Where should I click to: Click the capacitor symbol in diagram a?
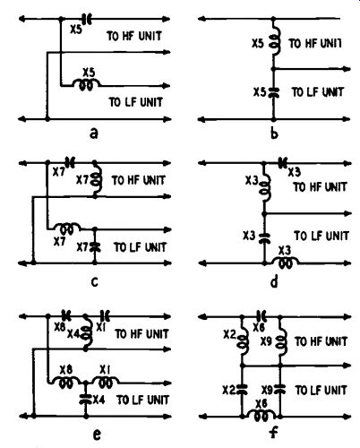tap(88, 19)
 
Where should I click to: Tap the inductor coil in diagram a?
tap(87, 84)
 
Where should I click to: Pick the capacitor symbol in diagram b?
tap(273, 92)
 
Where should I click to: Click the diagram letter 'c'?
tap(94, 282)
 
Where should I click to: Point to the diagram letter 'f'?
tap(273, 432)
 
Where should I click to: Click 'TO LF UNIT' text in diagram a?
tap(136, 102)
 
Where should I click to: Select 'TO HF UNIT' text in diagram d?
tap(321, 187)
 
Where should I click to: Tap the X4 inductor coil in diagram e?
tap(87, 333)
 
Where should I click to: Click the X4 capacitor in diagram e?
tap(85, 400)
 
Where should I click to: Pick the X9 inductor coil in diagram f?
tap(281, 341)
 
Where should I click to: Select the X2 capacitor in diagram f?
tap(242, 390)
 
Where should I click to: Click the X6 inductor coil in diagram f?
tap(261, 415)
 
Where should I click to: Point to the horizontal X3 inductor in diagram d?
tap(285, 262)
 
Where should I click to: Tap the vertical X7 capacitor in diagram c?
tap(95, 247)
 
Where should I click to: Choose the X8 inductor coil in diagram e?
tap(66, 381)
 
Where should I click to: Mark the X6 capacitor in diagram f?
tap(261, 316)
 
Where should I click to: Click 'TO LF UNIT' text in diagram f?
tap(321, 390)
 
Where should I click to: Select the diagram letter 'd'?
tap(274, 281)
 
